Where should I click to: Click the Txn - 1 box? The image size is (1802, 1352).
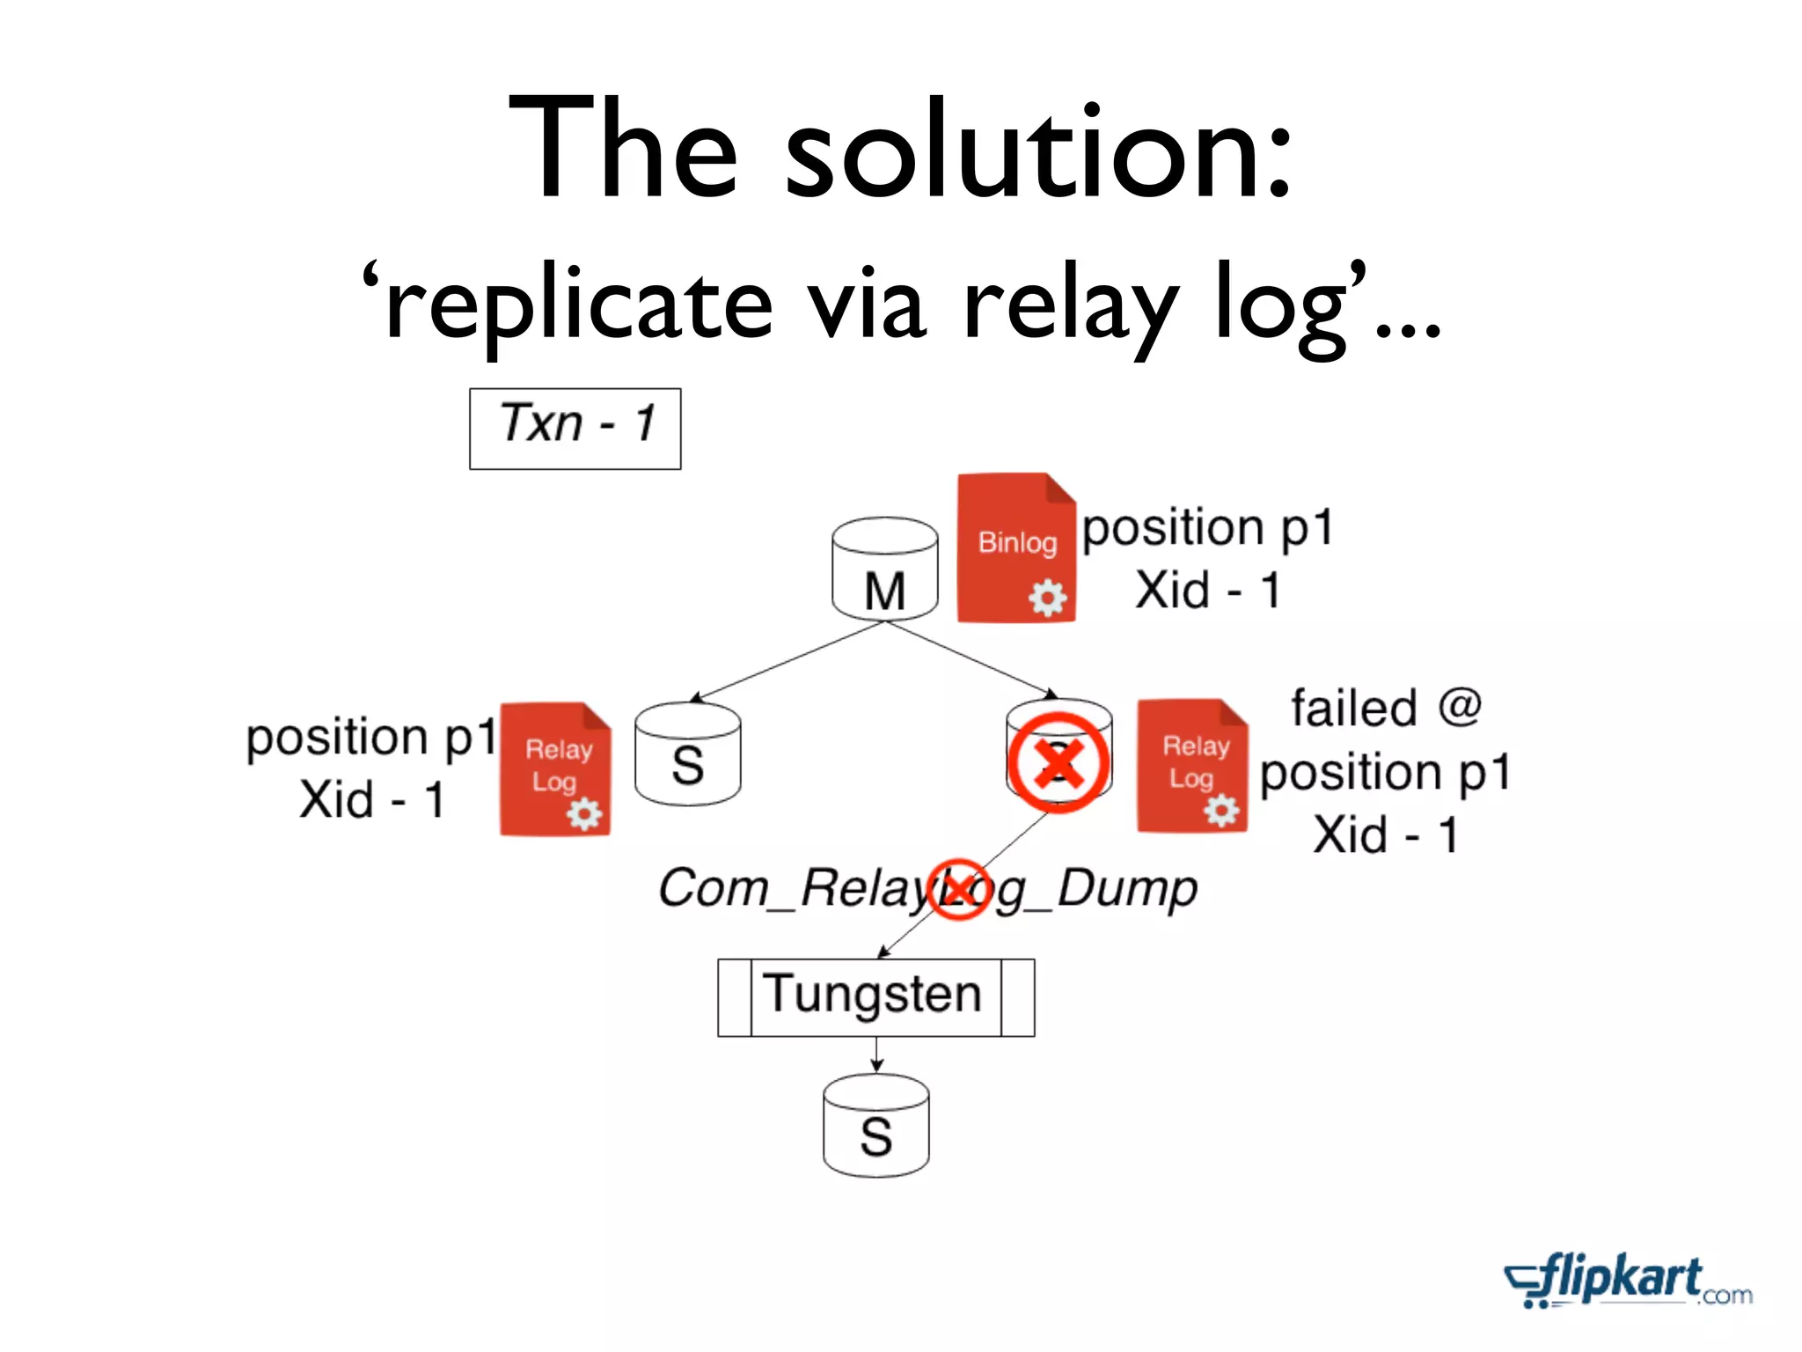tap(575, 428)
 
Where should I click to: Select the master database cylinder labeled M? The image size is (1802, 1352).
tap(884, 568)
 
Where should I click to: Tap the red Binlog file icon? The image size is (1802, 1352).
tap(1016, 547)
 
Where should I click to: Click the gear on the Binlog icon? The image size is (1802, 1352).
tap(1047, 599)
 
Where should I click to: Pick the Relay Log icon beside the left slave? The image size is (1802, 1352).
tap(554, 768)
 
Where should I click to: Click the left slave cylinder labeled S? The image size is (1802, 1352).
tap(687, 753)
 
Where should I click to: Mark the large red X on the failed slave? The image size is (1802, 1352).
tap(1058, 762)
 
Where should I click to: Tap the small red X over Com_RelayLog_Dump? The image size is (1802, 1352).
tap(958, 889)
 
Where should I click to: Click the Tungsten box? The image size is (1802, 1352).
tap(875, 996)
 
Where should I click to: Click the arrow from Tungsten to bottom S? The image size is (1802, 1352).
tap(876, 1055)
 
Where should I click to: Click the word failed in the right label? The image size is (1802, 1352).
tap(1354, 709)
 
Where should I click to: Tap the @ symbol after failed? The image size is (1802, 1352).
tap(1460, 707)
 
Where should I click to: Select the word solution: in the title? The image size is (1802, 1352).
tap(1038, 150)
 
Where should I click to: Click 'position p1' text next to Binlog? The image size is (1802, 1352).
tap(1207, 528)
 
